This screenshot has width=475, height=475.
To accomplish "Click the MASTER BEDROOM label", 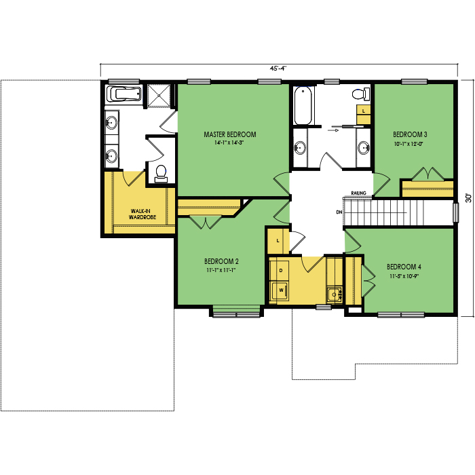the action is click(x=229, y=134).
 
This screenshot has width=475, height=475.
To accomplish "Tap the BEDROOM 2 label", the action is click(x=221, y=261).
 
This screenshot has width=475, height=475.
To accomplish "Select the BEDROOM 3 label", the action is click(x=410, y=134).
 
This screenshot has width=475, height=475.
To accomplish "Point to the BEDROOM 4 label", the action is click(x=404, y=267).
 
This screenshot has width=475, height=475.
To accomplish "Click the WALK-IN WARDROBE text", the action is click(x=142, y=214).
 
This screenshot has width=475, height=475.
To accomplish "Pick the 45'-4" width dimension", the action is click(x=278, y=69).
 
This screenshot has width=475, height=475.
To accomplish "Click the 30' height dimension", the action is click(x=469, y=198).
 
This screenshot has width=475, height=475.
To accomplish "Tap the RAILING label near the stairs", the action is click(x=359, y=193).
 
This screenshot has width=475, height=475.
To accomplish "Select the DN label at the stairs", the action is click(x=339, y=212).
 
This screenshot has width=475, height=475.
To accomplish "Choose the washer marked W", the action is click(x=279, y=290).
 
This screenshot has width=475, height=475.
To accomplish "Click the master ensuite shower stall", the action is click(x=159, y=95).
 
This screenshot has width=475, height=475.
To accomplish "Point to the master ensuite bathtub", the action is click(x=124, y=94).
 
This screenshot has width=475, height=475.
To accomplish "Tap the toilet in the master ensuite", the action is click(x=161, y=174).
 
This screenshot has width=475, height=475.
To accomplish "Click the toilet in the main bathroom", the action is click(x=361, y=94).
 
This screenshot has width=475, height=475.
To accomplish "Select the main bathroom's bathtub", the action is click(x=303, y=105).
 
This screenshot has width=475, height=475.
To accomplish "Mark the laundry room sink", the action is click(x=335, y=294).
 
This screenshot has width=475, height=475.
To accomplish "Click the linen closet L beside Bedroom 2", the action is click(x=278, y=241).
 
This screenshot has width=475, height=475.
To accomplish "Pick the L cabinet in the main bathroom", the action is click(x=364, y=114).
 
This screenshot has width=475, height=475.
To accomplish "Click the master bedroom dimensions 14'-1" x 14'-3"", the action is click(x=229, y=142).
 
